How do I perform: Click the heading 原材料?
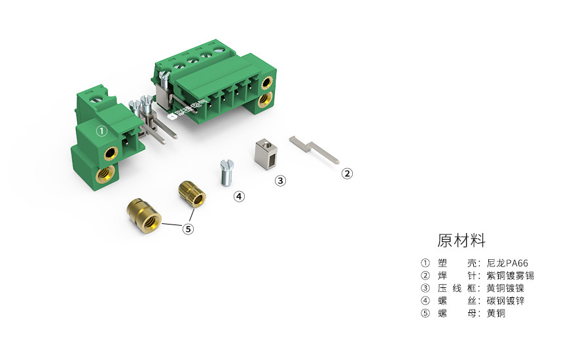(461, 240)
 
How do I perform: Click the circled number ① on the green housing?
(101, 131)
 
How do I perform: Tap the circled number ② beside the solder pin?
(348, 173)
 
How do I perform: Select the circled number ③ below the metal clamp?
(280, 181)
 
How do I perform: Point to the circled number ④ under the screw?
(240, 196)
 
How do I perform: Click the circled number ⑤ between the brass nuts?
(188, 229)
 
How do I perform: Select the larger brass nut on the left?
(143, 213)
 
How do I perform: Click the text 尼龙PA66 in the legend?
(507, 263)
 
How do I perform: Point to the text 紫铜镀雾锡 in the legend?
(511, 276)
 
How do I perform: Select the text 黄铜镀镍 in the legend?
(505, 288)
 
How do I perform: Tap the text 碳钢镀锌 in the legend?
(505, 300)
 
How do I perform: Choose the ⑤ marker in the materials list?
(424, 314)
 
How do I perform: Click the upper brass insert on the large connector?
(267, 83)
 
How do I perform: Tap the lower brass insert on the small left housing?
(103, 175)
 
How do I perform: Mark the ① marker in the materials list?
(424, 263)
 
